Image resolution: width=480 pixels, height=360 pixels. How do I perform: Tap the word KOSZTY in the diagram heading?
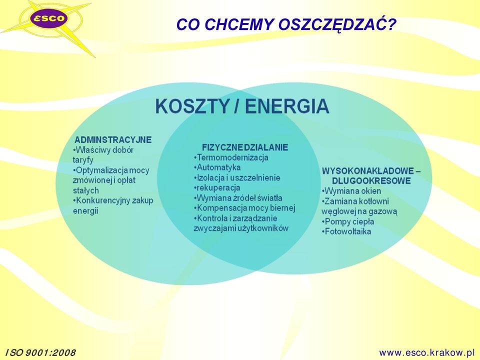click(192, 106)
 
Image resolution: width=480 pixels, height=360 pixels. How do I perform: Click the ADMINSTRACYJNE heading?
click(113, 140)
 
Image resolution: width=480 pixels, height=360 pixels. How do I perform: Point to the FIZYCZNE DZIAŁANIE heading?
click(245, 147)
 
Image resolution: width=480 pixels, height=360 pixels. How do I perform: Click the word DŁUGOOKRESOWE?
click(371, 180)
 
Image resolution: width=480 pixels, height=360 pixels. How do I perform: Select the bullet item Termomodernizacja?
click(231, 157)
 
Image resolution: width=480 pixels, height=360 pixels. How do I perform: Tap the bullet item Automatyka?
click(217, 168)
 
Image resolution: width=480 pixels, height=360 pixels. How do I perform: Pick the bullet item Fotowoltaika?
click(346, 231)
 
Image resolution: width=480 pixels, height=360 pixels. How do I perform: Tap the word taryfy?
click(83, 160)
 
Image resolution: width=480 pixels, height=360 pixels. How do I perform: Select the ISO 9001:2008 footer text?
click(40, 353)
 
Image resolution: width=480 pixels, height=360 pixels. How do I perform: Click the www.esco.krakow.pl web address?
click(426, 352)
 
